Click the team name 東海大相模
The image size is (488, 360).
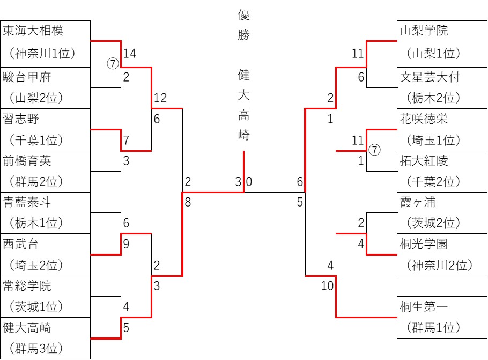tap(33, 31)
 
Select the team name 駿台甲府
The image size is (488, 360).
tap(27, 77)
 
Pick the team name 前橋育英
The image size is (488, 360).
tap(27, 160)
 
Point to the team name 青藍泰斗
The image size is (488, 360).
tap(27, 202)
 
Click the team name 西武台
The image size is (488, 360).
tap(21, 244)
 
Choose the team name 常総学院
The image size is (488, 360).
tap(27, 286)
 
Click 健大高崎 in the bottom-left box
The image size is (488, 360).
tap(27, 327)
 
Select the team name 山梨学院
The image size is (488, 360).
tap(424, 31)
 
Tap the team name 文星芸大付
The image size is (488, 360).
tap(430, 77)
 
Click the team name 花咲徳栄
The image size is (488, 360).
tap(424, 119)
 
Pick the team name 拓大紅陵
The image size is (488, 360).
tap(424, 160)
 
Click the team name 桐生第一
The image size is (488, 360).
tap(424, 307)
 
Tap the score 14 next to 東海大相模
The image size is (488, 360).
tap(129, 54)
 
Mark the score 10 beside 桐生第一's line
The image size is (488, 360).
tap(327, 286)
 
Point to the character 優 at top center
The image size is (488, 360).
tap(244, 15)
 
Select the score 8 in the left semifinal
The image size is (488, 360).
tap(187, 202)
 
